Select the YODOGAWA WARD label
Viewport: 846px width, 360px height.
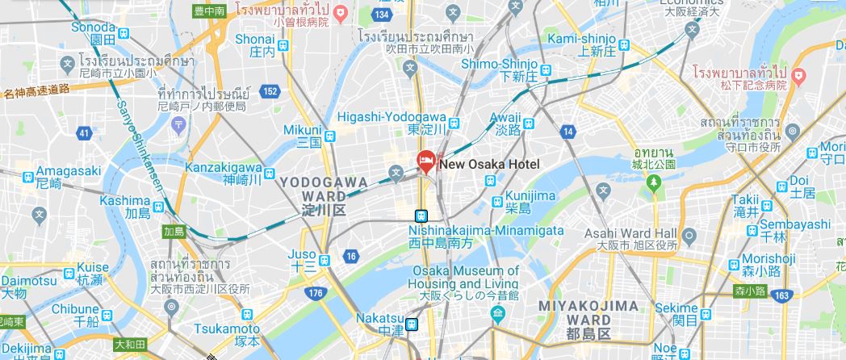point(313,196)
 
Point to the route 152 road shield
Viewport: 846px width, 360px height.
point(270,91)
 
